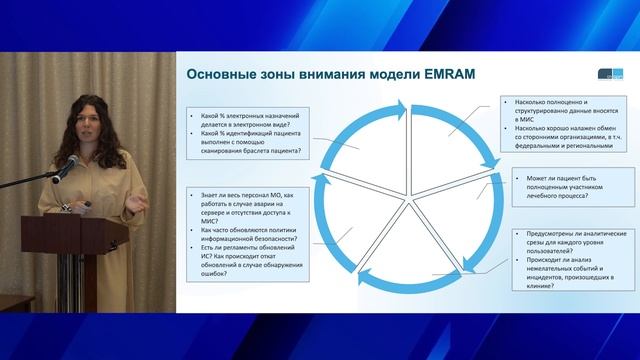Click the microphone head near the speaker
coord(75,159)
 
